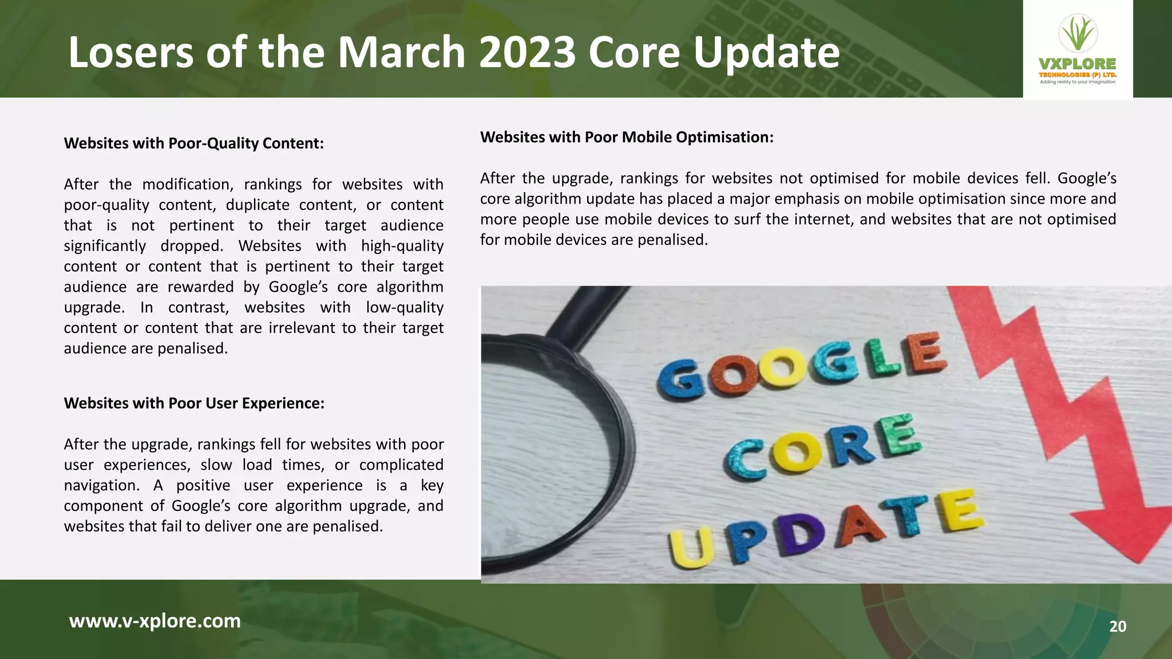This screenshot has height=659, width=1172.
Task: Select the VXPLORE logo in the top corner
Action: coord(1077,50)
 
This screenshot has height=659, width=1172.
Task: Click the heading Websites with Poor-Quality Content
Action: coord(193,143)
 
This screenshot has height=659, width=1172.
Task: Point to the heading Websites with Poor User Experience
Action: coord(194,403)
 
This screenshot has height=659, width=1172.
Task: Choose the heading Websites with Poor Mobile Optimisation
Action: coord(627,137)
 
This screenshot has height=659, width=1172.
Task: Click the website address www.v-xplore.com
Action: coord(155,621)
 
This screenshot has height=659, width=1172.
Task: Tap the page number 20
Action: coord(1118,626)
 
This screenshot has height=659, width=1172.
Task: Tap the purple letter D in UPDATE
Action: coord(801,535)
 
